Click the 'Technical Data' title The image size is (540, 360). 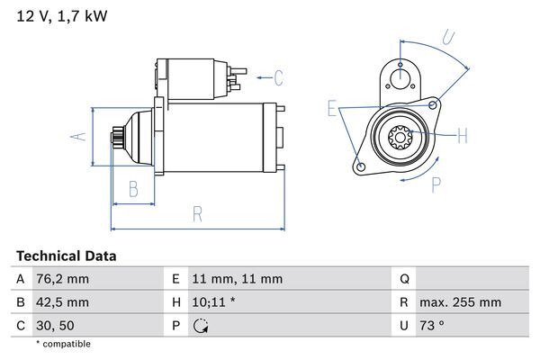tap(66, 256)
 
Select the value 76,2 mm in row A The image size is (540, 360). tap(64, 279)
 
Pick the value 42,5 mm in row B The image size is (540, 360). tap(64, 301)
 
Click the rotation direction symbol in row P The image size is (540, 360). tap(201, 325)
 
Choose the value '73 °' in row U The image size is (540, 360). tap(434, 324)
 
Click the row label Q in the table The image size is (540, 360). tap(404, 279)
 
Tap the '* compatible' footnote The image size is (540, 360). tap(63, 344)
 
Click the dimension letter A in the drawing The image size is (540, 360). tap(78, 137)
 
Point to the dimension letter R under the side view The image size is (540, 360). tap(197, 214)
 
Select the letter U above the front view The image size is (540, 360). tap(448, 38)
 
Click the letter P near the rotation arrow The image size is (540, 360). tap(436, 185)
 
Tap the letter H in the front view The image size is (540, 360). tap(463, 137)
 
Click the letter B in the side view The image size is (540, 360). tap(133, 189)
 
